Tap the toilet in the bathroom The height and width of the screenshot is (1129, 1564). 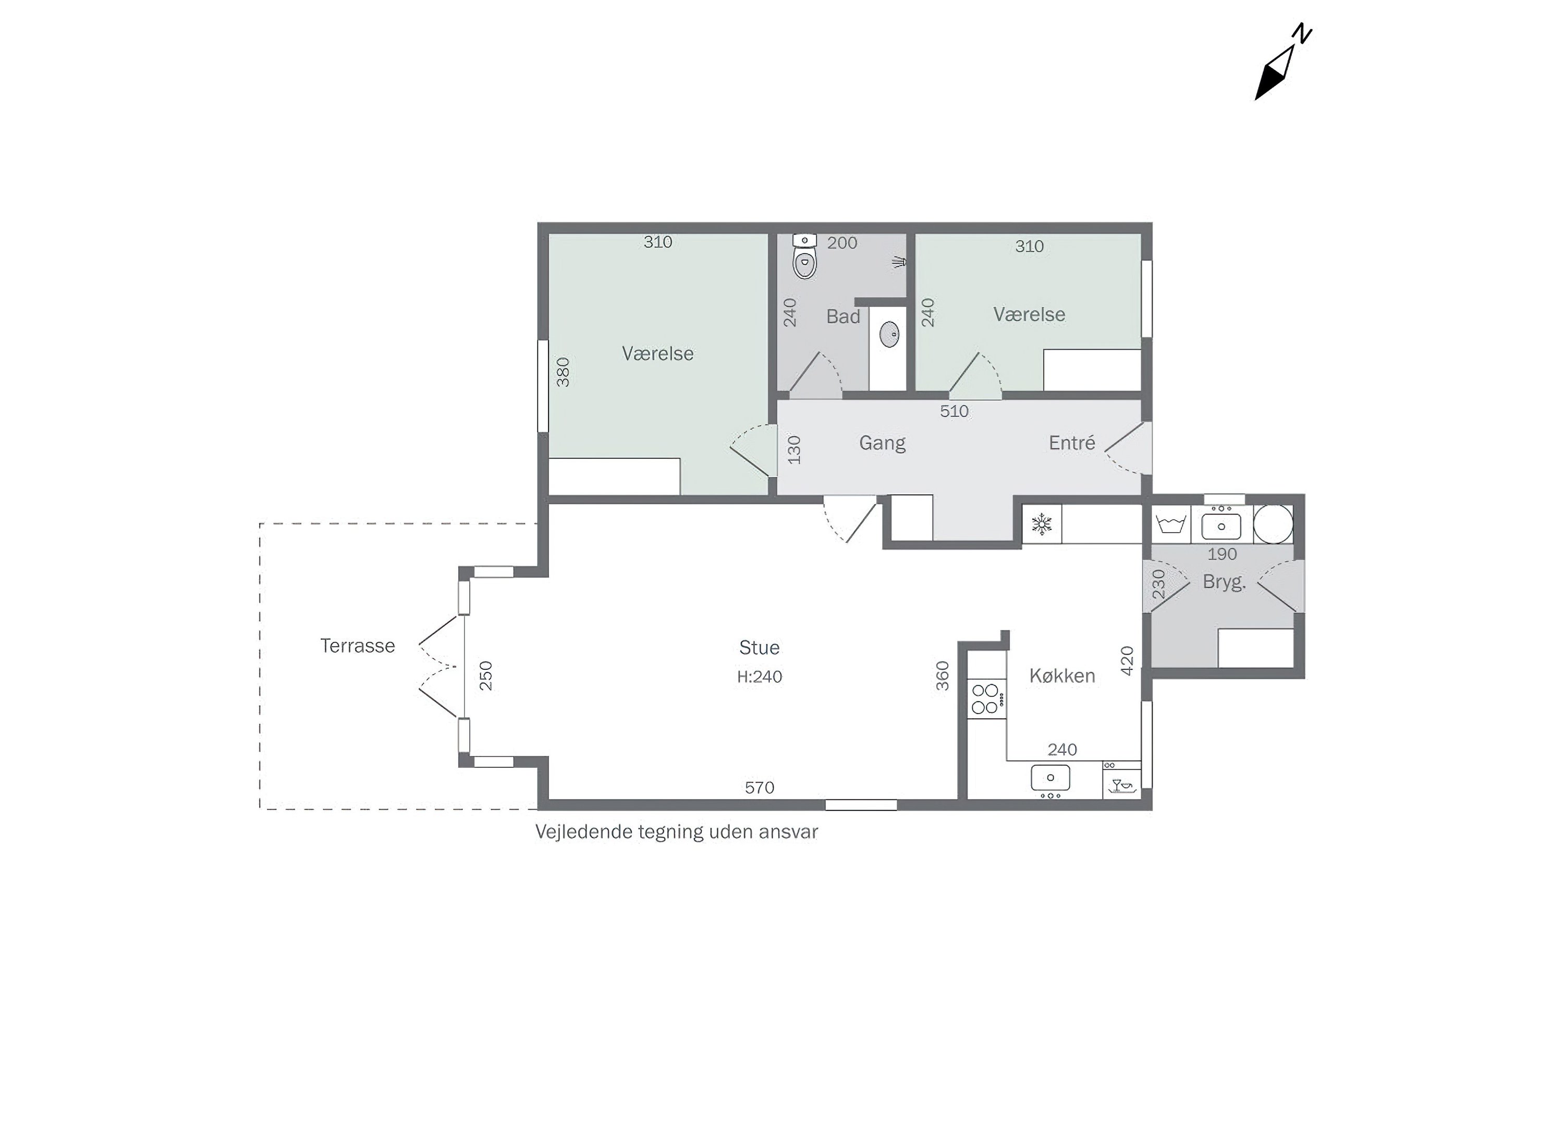(804, 255)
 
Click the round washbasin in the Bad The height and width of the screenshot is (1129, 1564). (889, 335)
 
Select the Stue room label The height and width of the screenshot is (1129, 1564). (759, 647)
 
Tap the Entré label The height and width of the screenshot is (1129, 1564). (1072, 442)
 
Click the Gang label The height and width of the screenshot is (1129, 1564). (882, 443)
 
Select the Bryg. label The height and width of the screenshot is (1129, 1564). (1224, 582)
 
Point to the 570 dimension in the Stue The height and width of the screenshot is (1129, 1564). (759, 788)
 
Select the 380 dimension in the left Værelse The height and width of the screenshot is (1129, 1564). (564, 372)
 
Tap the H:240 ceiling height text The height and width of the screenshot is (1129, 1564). (759, 677)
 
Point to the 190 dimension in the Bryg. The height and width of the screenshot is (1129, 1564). (1222, 554)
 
